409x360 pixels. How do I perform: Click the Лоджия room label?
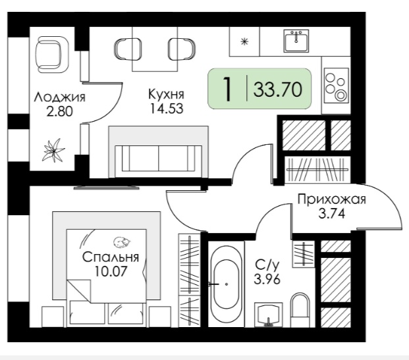pos(60,97)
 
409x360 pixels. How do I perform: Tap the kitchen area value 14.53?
pos(166,109)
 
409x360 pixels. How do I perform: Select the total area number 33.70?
pos(278,89)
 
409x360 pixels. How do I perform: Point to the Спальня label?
pos(111,257)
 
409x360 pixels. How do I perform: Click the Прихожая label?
pos(332,200)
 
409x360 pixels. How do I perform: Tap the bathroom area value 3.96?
pos(267,280)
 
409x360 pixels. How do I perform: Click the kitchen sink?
pos(296,41)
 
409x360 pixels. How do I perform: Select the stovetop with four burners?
pos(337,86)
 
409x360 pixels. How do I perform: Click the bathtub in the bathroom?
pos(226,284)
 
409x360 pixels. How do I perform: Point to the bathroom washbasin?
pos(268,315)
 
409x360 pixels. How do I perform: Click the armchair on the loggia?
pos(51,55)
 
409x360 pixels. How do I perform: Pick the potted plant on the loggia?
pos(54,151)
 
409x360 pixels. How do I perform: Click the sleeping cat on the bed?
pos(122,242)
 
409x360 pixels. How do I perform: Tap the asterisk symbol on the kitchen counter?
pos(244,41)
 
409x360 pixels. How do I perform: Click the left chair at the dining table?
pos(128,49)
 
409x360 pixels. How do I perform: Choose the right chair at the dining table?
pos(182,49)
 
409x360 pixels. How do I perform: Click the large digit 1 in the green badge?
pos(227,89)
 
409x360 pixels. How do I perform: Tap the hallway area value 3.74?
pos(332,214)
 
